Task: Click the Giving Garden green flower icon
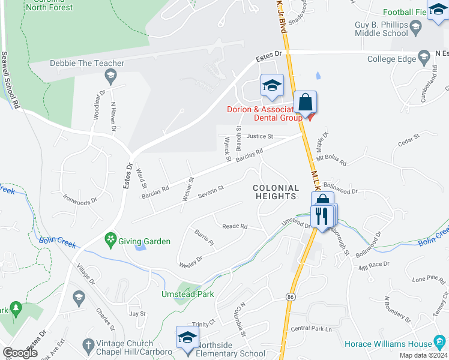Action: tap(110, 241)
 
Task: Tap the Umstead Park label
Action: tap(187, 294)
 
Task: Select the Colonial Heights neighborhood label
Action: tap(276, 192)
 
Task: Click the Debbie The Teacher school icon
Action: tap(110, 76)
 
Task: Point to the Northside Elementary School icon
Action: tap(187, 337)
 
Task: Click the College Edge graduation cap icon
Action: tap(424, 58)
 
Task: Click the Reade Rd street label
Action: tap(235, 226)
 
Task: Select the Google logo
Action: tap(20, 352)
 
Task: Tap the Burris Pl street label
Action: tap(203, 238)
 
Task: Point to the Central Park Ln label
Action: tap(311, 329)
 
